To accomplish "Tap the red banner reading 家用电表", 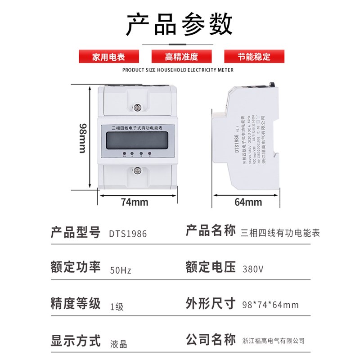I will coord(108,57).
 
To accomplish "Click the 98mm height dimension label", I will coord(83,137).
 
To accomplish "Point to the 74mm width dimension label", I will coord(135,202).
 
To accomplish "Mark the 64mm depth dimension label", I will coord(248,202).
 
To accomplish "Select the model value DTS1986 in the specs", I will coord(128,234).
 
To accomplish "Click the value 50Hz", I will coord(121,271).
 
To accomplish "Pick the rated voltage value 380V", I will coord(253,270).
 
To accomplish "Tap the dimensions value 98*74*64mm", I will coord(270,305).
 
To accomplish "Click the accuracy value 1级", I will coord(117,307).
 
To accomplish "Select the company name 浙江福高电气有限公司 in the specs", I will coord(273,341).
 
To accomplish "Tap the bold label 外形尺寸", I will coord(211,304).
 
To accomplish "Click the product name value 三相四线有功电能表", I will coord(280,233).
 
